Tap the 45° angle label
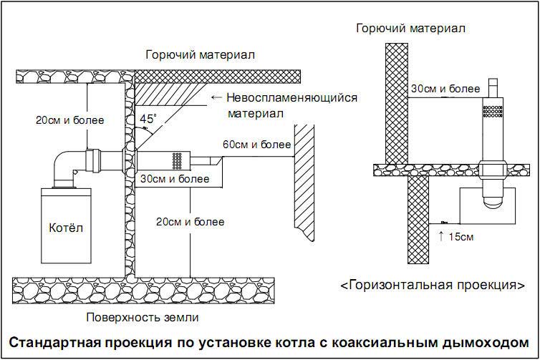[x=148, y=120]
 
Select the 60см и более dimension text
[x=256, y=145]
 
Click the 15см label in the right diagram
[x=458, y=235]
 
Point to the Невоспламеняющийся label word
[x=291, y=97]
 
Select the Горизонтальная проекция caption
[x=432, y=285]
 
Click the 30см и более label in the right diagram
[x=445, y=89]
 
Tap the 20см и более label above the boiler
[x=69, y=120]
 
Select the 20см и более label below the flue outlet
[x=190, y=221]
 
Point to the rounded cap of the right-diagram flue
[x=493, y=203]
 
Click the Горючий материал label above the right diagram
[x=412, y=29]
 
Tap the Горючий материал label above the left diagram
[x=200, y=55]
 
